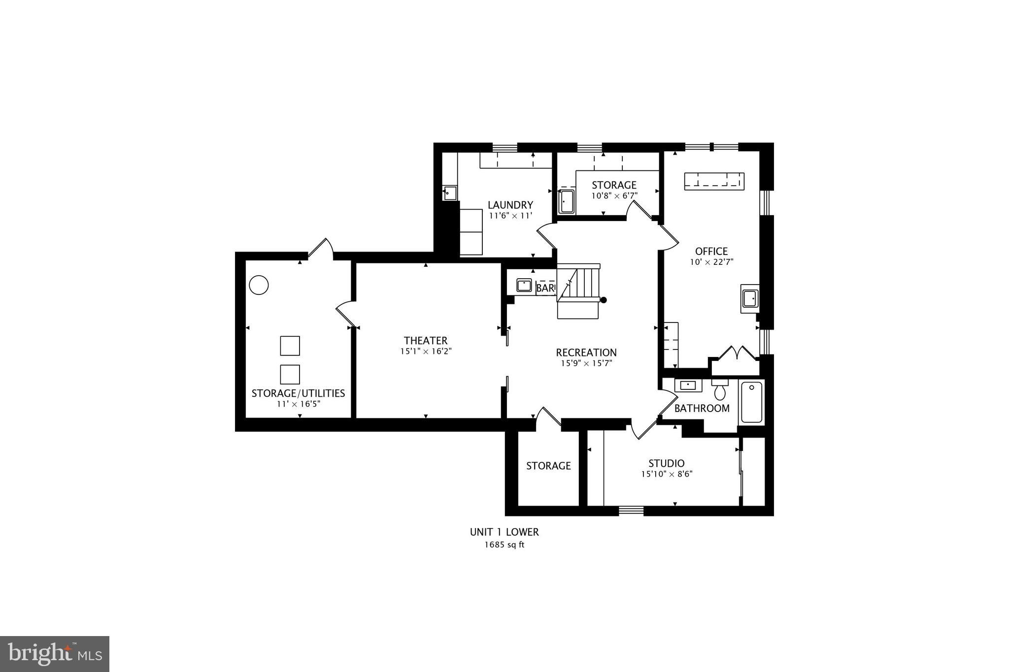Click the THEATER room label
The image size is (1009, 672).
coord(426,341)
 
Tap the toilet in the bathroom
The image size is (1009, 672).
coord(720,390)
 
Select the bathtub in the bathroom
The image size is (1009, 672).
coord(751,402)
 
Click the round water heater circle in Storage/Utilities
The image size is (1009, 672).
coord(259,285)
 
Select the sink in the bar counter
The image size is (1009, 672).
coord(524,285)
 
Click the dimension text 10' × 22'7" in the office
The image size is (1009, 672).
coord(711,262)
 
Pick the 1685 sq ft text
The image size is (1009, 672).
coord(504,544)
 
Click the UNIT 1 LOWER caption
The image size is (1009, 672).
coord(504,532)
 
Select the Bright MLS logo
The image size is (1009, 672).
coord(55,654)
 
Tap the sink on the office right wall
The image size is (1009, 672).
coord(750,298)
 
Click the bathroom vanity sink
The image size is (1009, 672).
coord(688,385)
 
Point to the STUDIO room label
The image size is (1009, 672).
coord(666,463)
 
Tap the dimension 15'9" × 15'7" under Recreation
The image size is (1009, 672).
coord(586,363)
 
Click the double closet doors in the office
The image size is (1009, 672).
coord(735,354)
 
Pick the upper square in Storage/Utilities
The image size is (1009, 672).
coord(290,346)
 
